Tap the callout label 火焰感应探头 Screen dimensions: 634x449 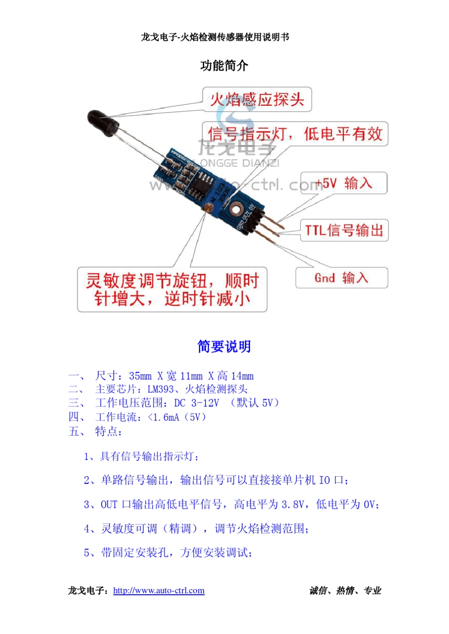click(257, 100)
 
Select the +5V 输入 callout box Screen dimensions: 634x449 click(344, 183)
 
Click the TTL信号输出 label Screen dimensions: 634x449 click(344, 230)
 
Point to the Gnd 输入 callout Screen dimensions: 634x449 click(341, 278)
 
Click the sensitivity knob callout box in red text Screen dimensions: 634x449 click(172, 290)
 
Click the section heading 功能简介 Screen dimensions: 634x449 click(224, 66)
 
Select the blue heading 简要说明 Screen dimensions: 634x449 click(224, 347)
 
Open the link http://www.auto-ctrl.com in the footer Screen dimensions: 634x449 click(159, 591)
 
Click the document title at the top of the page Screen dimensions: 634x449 click(215, 37)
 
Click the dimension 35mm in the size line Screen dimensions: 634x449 click(140, 376)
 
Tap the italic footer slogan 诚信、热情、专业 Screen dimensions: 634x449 click(345, 591)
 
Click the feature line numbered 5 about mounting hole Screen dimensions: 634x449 click(168, 553)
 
